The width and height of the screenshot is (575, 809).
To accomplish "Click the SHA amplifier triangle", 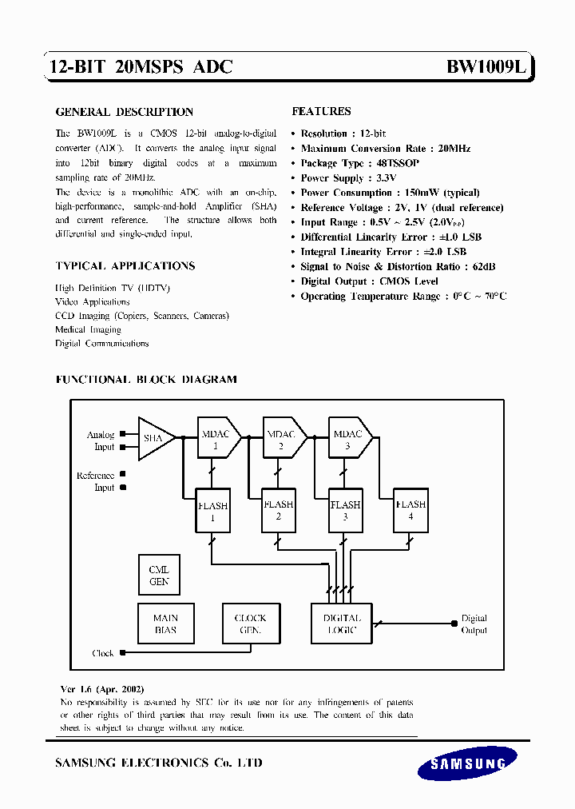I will pyautogui.click(x=154, y=438).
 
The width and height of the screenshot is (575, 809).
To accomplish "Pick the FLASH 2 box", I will pyautogui.click(x=278, y=510).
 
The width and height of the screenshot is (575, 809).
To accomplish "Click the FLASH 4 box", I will pyautogui.click(x=410, y=510).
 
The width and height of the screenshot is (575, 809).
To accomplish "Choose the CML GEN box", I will pyautogui.click(x=159, y=576).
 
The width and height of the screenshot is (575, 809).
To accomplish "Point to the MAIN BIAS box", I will pyautogui.click(x=166, y=624).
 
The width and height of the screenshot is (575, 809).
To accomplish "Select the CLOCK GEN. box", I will pyautogui.click(x=250, y=624).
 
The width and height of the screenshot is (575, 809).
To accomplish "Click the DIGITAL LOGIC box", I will pyautogui.click(x=342, y=624).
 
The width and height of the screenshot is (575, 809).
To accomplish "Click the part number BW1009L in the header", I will pyautogui.click(x=486, y=68).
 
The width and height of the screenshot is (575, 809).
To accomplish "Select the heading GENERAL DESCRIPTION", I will pyautogui.click(x=124, y=112).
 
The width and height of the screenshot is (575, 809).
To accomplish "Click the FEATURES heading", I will pyautogui.click(x=321, y=111).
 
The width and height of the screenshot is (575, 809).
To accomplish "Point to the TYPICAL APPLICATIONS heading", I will pyautogui.click(x=125, y=265).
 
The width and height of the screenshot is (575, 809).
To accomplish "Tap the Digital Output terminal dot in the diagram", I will pyautogui.click(x=454, y=620).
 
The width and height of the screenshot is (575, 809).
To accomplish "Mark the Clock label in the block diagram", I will pyautogui.click(x=103, y=653).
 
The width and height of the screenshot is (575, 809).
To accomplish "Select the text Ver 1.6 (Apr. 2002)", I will pyautogui.click(x=102, y=688).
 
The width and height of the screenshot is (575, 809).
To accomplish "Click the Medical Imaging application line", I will pyautogui.click(x=88, y=329).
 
